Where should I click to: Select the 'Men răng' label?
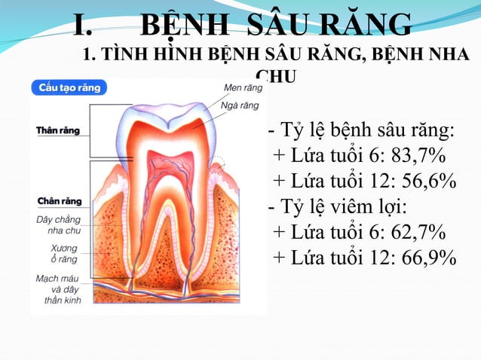[x=244, y=88]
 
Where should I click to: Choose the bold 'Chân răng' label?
[x=59, y=202]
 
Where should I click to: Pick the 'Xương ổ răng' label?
[x=63, y=253]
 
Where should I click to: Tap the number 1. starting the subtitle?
[x=90, y=56]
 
